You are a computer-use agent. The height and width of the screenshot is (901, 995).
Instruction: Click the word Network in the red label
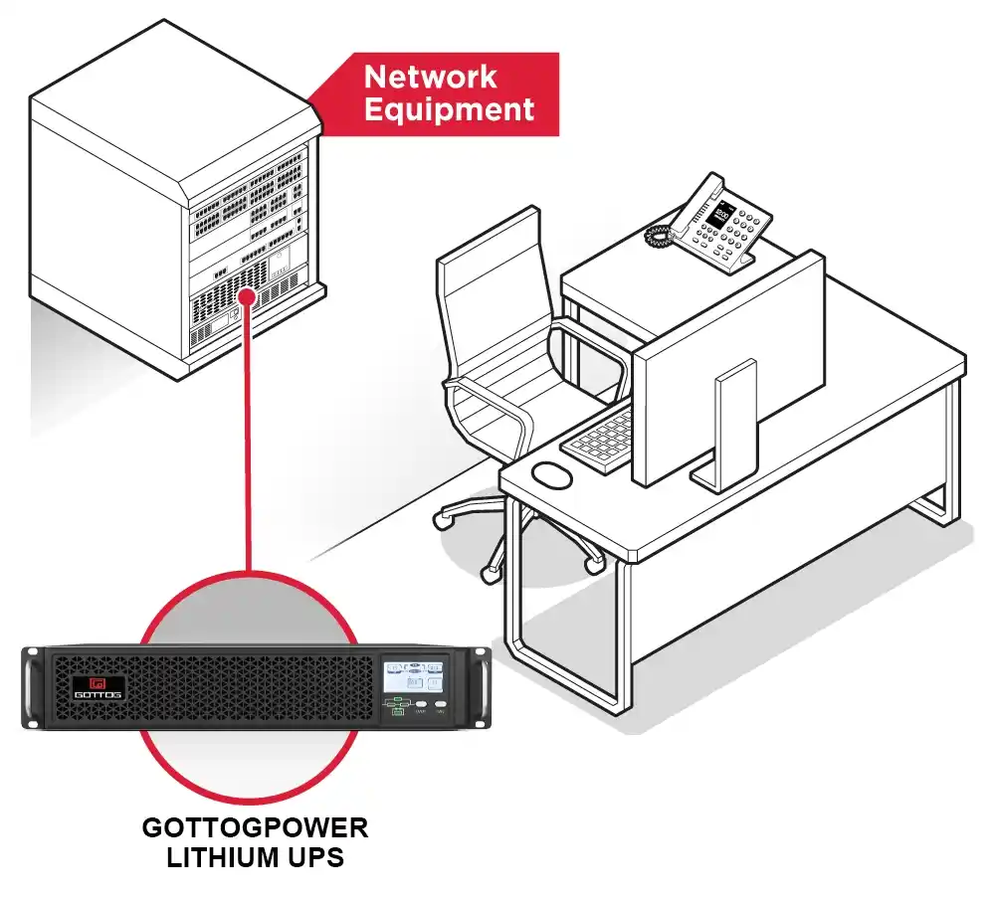(430, 77)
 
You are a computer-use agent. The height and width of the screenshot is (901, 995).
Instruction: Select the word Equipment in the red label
(449, 109)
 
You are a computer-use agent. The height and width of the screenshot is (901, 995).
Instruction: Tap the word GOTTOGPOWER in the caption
(255, 827)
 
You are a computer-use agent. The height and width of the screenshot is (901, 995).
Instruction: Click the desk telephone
(721, 224)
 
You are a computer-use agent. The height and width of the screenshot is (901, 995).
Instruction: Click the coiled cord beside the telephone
(658, 238)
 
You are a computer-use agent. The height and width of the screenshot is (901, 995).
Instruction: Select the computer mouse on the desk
(552, 475)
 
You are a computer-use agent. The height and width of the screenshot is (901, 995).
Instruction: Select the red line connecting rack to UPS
(248, 438)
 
